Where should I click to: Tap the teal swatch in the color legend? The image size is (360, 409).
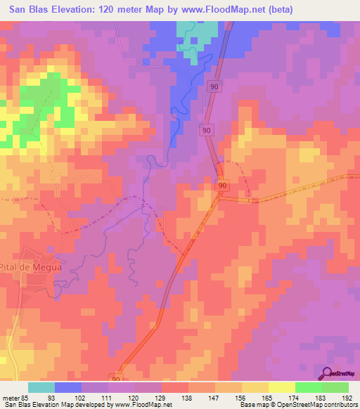click(41, 387)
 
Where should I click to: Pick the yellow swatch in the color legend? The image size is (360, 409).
click(281, 387)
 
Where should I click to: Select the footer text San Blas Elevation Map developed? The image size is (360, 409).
click(56, 403)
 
